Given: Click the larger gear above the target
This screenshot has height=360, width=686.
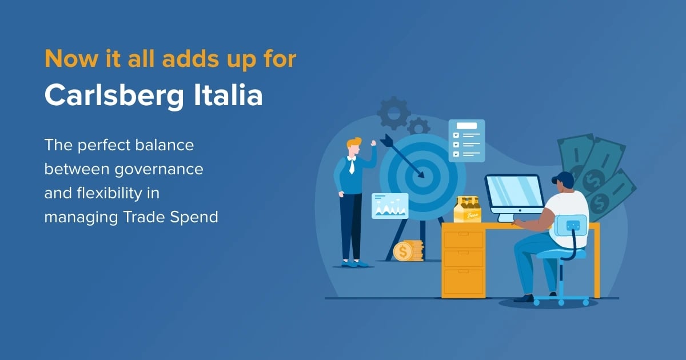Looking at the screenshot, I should [394, 113].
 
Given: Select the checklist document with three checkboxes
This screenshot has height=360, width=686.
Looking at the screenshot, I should [466, 140].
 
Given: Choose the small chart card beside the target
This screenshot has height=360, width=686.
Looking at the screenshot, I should [390, 206].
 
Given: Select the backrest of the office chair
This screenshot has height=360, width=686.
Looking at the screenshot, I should [570, 225].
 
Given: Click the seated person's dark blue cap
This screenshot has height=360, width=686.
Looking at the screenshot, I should [564, 179].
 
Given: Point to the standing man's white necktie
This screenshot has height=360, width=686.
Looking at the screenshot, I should [352, 166].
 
